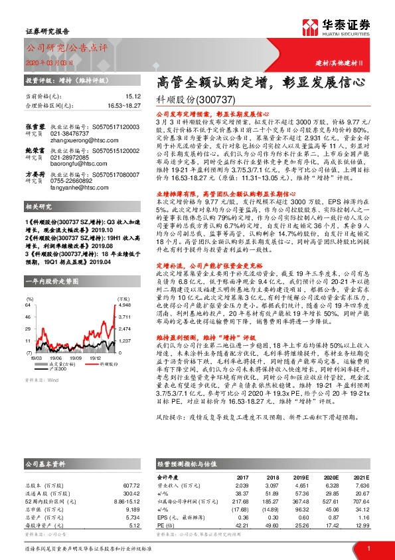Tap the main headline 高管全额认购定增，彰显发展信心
[x=261, y=84]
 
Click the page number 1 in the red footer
[x=368, y=549]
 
